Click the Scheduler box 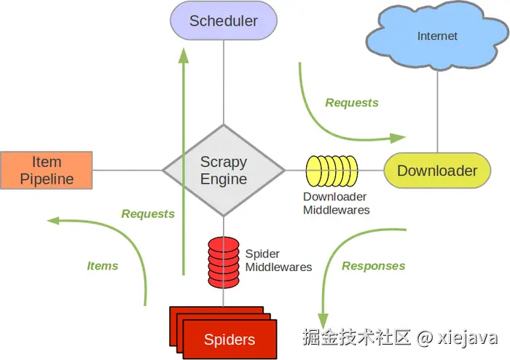(224, 20)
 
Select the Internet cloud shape (438, 37)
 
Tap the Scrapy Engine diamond (224, 171)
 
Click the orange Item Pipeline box (47, 171)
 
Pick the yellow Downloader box (437, 171)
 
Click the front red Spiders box (230, 339)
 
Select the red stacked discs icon (224, 260)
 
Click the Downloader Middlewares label (336, 203)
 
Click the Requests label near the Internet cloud (352, 103)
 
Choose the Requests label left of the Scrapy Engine (148, 214)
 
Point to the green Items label (103, 266)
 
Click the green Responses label (373, 266)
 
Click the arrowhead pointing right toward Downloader (399, 137)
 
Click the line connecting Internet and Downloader (438, 109)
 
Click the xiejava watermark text (467, 337)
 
